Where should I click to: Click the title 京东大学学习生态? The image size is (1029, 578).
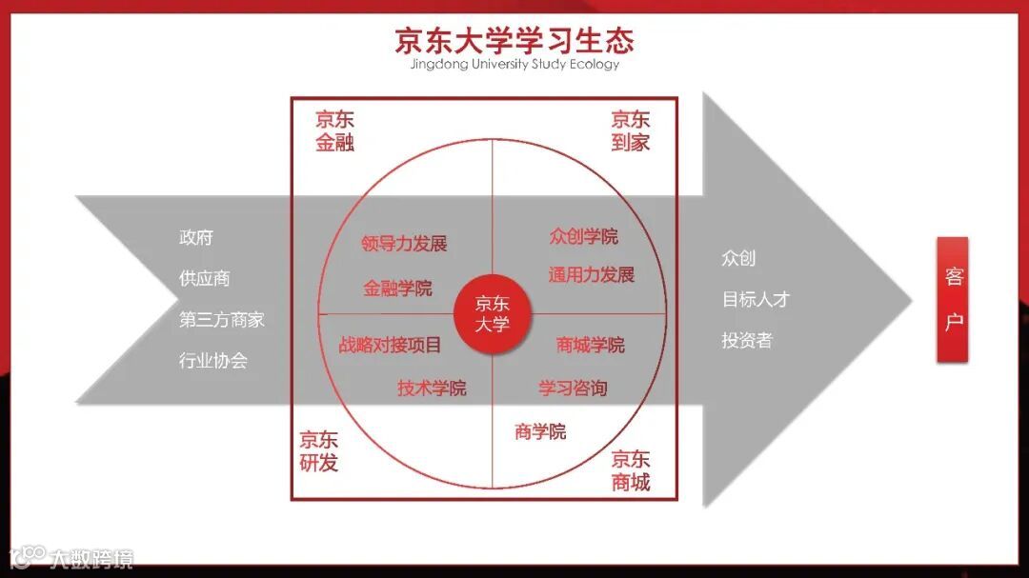[x=514, y=40]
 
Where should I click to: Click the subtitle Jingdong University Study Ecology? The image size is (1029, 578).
[x=514, y=65]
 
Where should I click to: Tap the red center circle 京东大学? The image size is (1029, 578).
[x=493, y=313]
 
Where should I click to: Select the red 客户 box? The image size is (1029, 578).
[x=954, y=299]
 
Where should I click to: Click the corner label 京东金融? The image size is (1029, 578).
[x=334, y=131]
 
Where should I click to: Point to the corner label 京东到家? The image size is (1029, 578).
[x=631, y=131]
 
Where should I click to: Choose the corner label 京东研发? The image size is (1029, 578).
[x=318, y=451]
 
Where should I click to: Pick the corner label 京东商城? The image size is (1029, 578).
[x=631, y=470]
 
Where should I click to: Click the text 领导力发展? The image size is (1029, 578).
[x=404, y=244]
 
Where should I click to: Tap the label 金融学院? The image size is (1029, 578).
[x=397, y=289]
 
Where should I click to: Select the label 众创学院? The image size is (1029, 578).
[x=583, y=236]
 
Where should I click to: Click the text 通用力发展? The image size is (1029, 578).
[x=591, y=275]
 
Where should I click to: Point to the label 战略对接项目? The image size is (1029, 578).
[x=391, y=345]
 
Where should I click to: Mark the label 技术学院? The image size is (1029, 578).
[x=432, y=388]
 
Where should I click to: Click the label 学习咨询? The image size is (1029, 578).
[x=573, y=388]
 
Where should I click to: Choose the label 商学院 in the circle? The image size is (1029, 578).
[x=540, y=431]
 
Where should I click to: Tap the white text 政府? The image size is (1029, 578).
[x=196, y=237]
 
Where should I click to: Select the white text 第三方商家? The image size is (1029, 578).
[x=222, y=320]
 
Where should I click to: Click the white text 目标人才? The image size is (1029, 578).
[x=756, y=299]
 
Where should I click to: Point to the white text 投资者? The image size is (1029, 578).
[x=747, y=340]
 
